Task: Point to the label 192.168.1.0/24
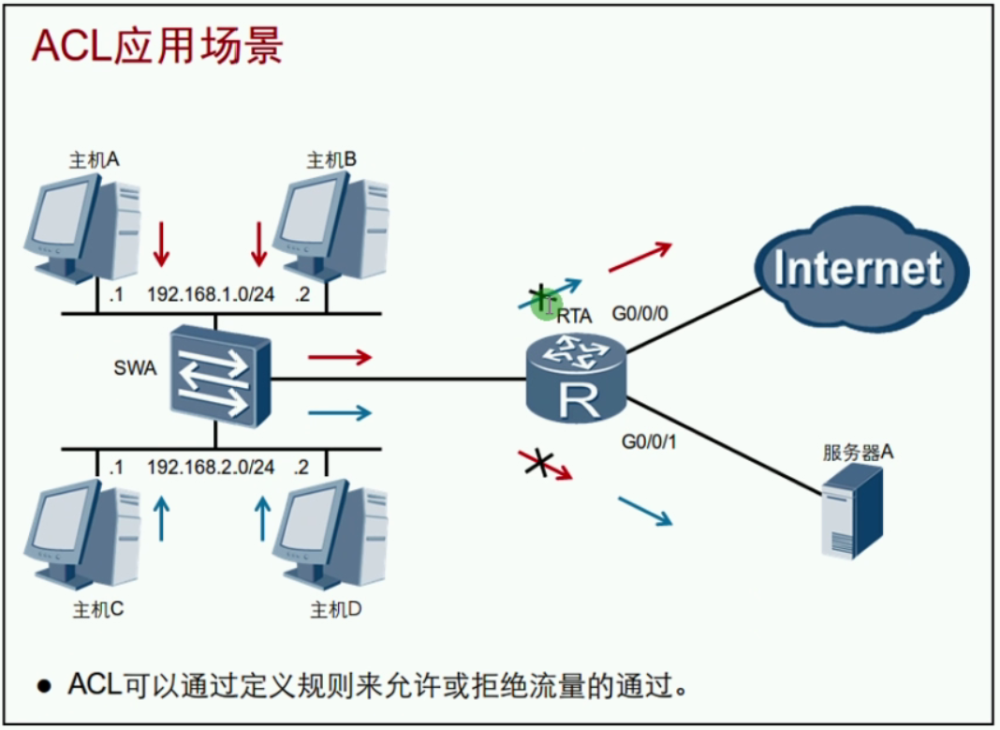click(x=211, y=294)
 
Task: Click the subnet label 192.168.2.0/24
click(x=211, y=467)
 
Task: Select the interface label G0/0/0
click(x=640, y=312)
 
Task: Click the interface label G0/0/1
click(x=649, y=438)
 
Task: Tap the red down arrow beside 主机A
click(x=162, y=244)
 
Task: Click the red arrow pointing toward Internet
click(x=640, y=256)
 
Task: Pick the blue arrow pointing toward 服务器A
click(x=645, y=511)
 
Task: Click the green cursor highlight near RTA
click(x=544, y=302)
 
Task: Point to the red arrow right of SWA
click(x=340, y=357)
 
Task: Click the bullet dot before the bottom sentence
click(x=43, y=685)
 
